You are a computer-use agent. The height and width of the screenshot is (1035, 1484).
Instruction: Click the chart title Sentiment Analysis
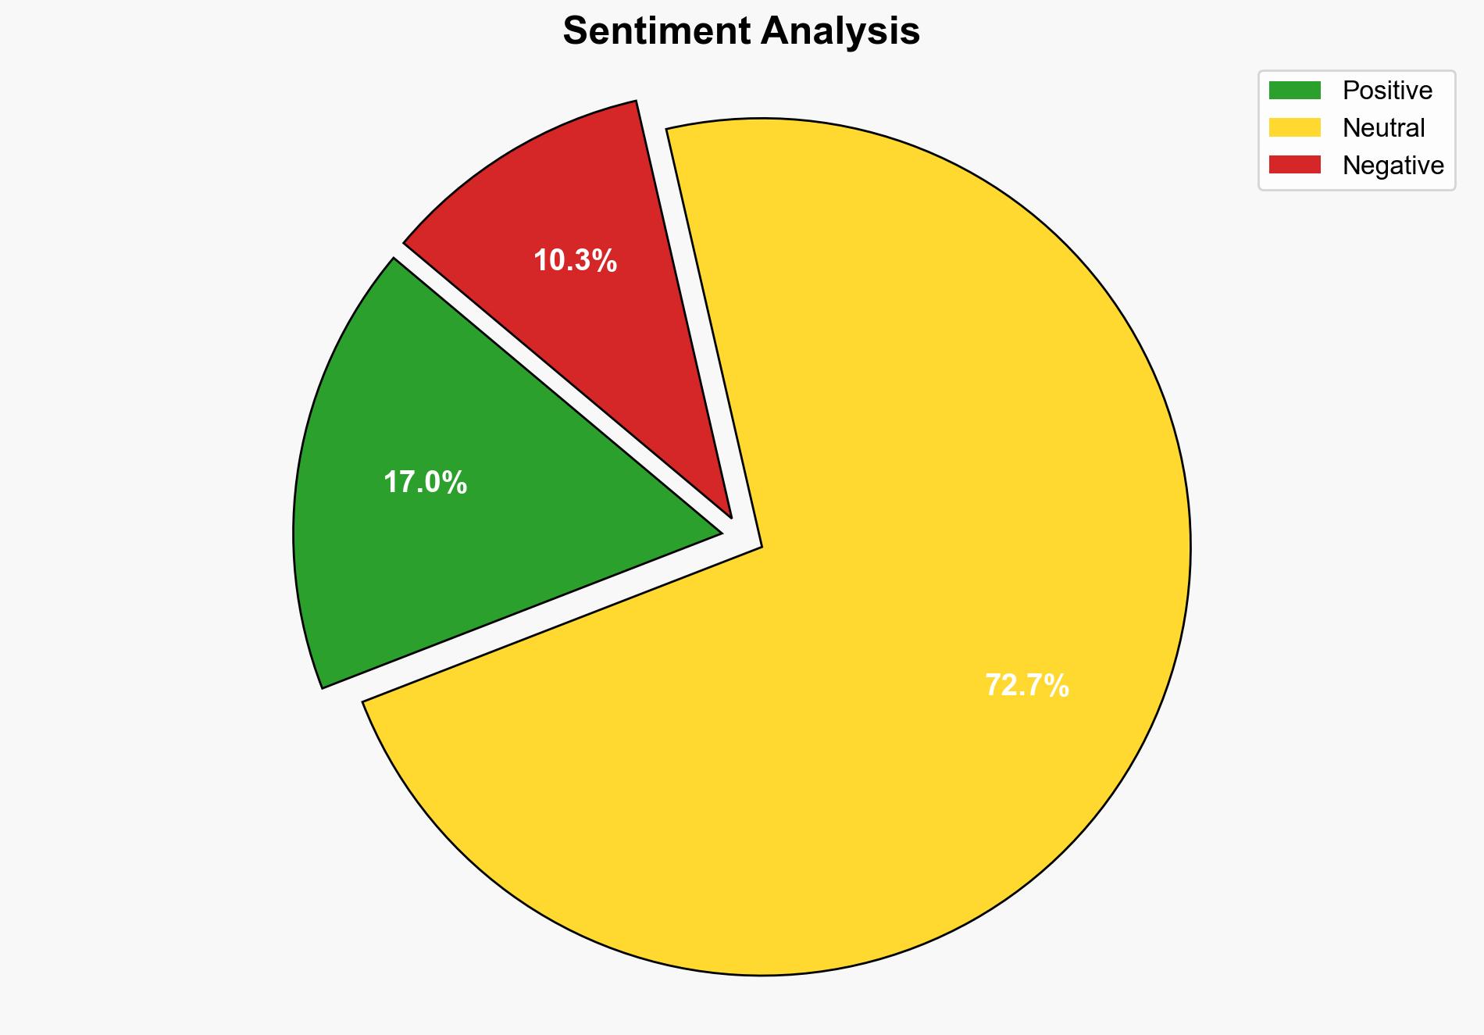point(741,32)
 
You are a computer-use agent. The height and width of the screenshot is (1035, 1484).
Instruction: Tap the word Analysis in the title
point(840,32)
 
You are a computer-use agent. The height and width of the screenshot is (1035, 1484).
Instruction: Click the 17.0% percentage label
point(425,484)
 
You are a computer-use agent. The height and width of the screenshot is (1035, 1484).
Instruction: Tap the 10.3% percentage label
point(575,261)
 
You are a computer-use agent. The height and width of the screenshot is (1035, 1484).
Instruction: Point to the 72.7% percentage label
point(1026,686)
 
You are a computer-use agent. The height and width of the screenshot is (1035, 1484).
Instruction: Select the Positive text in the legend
point(1387,91)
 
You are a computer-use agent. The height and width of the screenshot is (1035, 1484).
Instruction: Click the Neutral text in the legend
point(1383,128)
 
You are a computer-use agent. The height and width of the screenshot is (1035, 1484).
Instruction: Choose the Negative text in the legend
point(1393,166)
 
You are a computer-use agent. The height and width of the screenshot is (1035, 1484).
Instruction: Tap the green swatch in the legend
point(1294,91)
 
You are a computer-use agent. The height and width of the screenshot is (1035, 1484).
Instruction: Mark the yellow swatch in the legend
point(1294,127)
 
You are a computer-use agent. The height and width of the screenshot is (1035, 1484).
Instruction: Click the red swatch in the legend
point(1294,165)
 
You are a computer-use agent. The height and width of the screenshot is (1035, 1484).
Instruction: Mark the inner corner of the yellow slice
point(759,546)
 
